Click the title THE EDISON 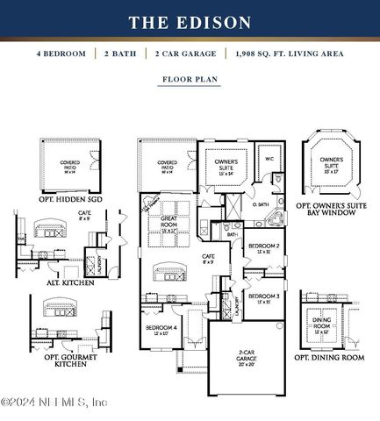(190, 23)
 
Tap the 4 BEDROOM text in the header (61, 54)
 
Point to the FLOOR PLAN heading (190, 79)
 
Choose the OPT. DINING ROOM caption (327, 358)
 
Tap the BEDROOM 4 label (161, 328)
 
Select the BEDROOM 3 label (263, 297)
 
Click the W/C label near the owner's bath (270, 159)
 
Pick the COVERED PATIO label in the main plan (167, 165)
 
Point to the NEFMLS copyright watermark (54, 403)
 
